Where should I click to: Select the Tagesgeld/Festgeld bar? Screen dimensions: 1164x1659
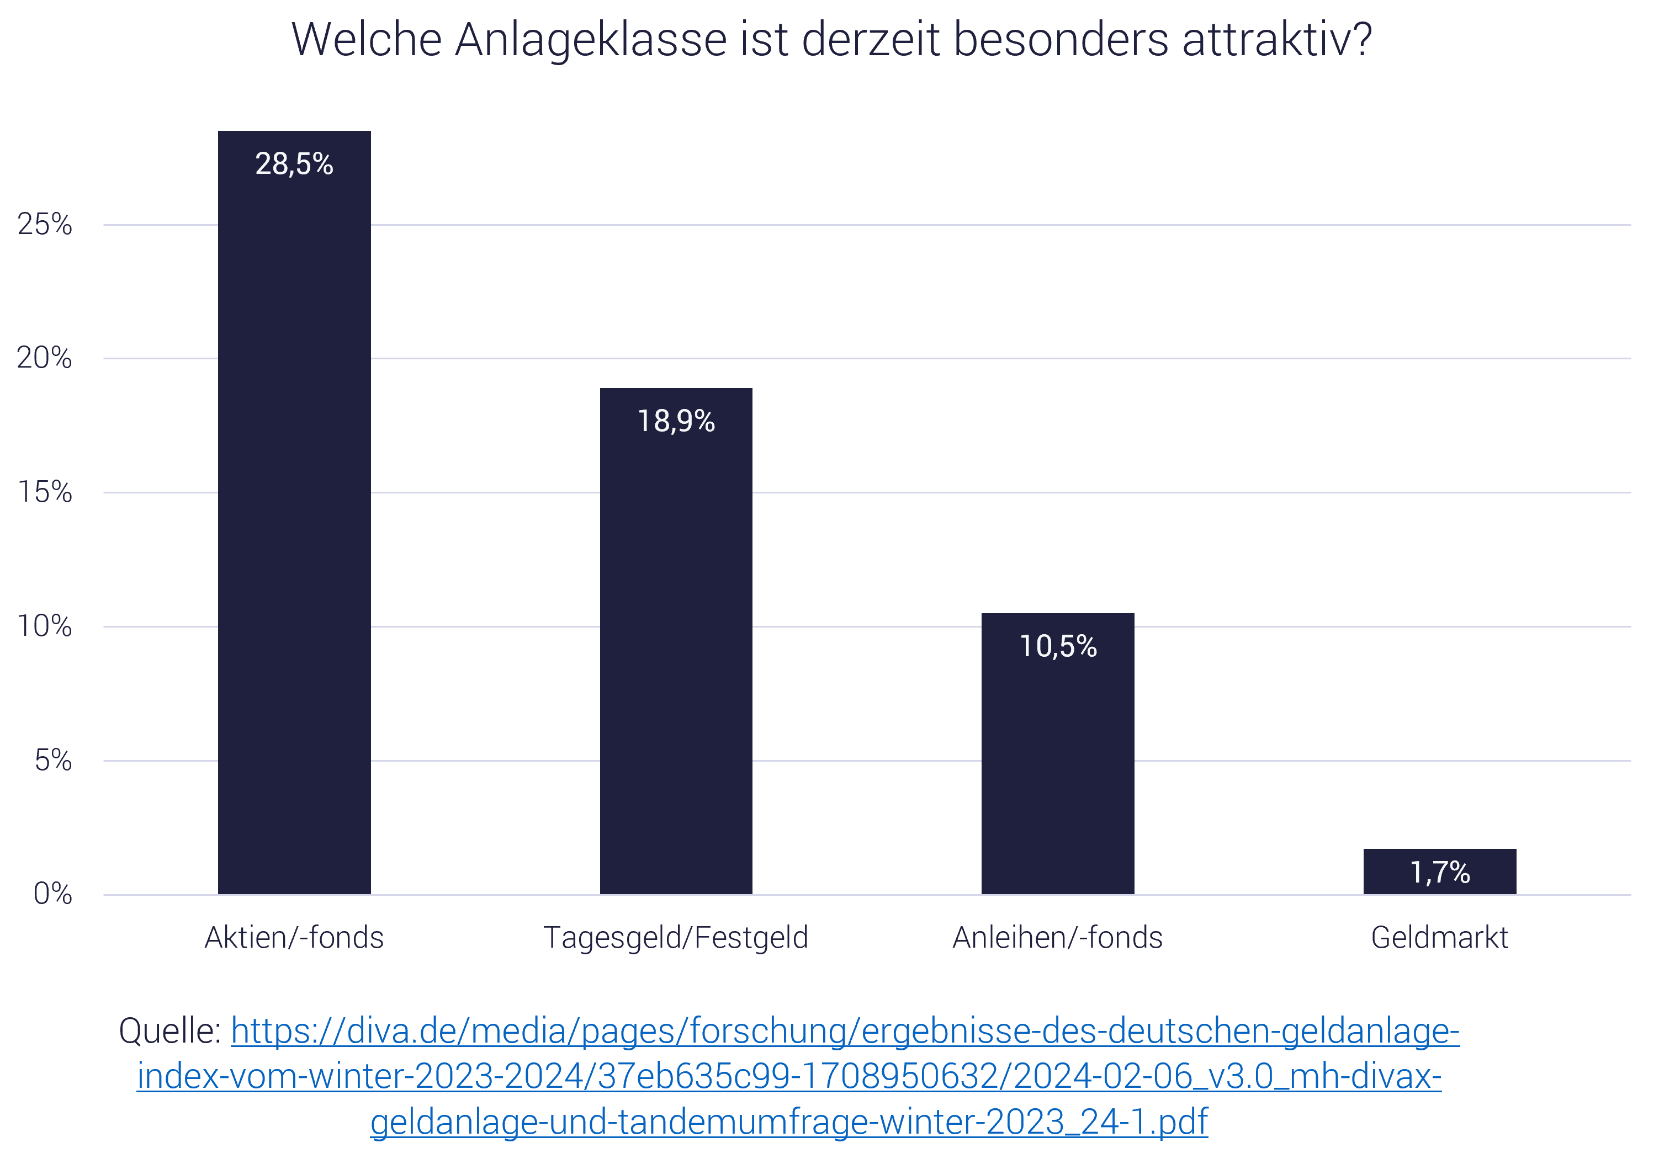click(x=676, y=650)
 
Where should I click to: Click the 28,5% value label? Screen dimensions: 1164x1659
click(x=294, y=164)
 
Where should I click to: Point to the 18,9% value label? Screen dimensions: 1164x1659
click(x=676, y=421)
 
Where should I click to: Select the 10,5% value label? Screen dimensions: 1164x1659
click(x=1058, y=647)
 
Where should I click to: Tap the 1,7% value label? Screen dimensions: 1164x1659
click(x=1439, y=872)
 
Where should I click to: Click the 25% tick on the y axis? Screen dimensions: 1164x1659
click(x=45, y=225)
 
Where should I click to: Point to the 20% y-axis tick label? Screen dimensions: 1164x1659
click(x=45, y=358)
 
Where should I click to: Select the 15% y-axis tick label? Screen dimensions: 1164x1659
click(x=45, y=493)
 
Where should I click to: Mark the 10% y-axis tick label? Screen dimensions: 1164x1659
click(x=45, y=626)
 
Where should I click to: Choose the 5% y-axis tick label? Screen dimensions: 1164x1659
click(x=53, y=761)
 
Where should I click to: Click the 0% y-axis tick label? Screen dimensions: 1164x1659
click(x=53, y=895)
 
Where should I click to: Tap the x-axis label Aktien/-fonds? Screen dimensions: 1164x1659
click(x=294, y=938)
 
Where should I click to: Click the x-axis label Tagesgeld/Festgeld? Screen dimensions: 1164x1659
click(x=676, y=938)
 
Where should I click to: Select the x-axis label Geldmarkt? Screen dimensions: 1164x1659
click(x=1439, y=938)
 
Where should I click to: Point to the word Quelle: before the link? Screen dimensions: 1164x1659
click(x=170, y=1031)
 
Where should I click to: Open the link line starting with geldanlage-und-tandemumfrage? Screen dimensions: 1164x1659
click(x=788, y=1122)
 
